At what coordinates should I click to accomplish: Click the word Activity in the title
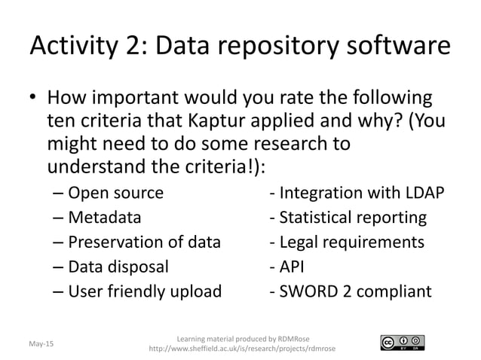coord(76,48)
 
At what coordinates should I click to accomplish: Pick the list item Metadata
coord(104,218)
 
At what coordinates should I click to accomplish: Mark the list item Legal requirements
coord(346,243)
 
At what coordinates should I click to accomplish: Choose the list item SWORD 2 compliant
coord(351,291)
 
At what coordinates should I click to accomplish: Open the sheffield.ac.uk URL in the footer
coord(244,349)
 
